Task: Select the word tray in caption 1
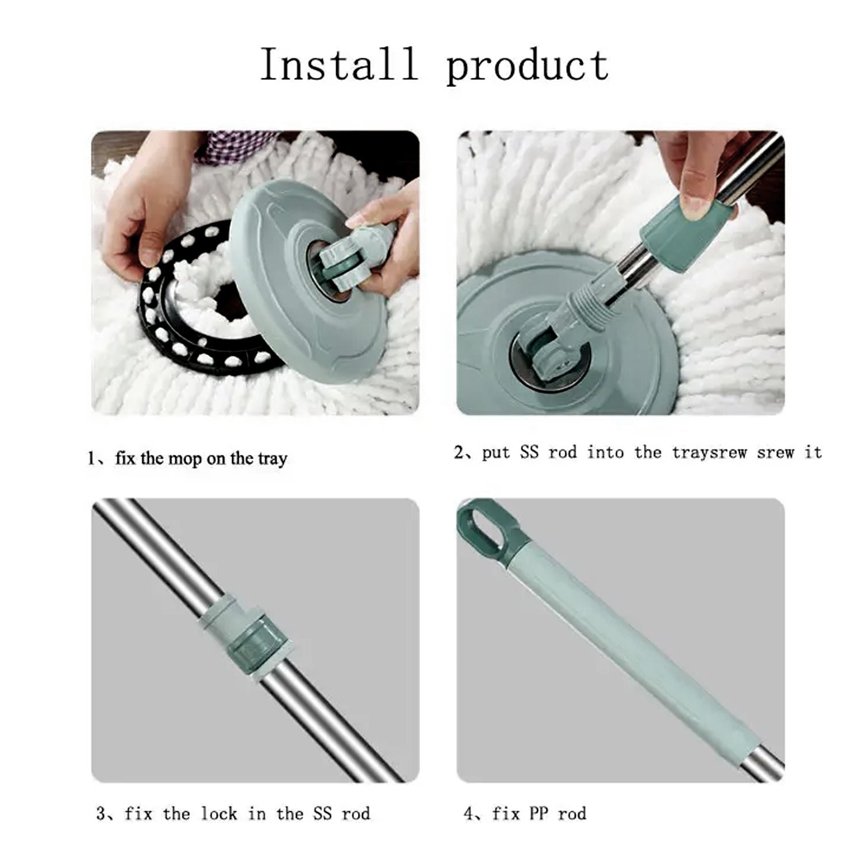point(272,459)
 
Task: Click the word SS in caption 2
point(529,452)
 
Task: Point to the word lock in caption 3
point(218,814)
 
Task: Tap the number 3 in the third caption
point(101,814)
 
